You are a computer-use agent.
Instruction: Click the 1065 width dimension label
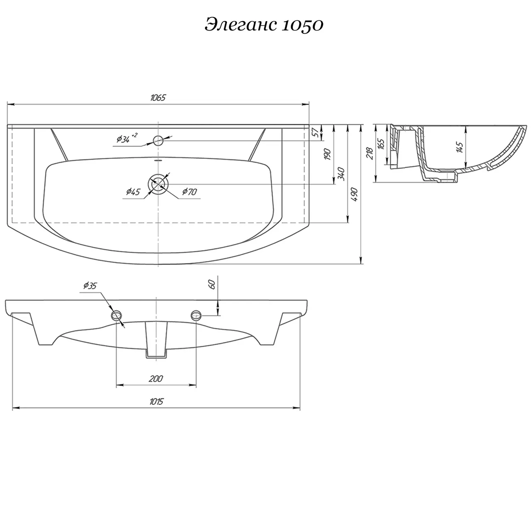click(158, 98)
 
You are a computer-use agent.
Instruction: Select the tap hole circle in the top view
click(158, 141)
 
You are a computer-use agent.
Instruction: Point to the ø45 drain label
click(133, 192)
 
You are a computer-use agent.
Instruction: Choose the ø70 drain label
click(190, 191)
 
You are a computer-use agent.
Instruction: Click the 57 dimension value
click(317, 133)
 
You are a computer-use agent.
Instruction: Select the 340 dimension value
click(341, 173)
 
